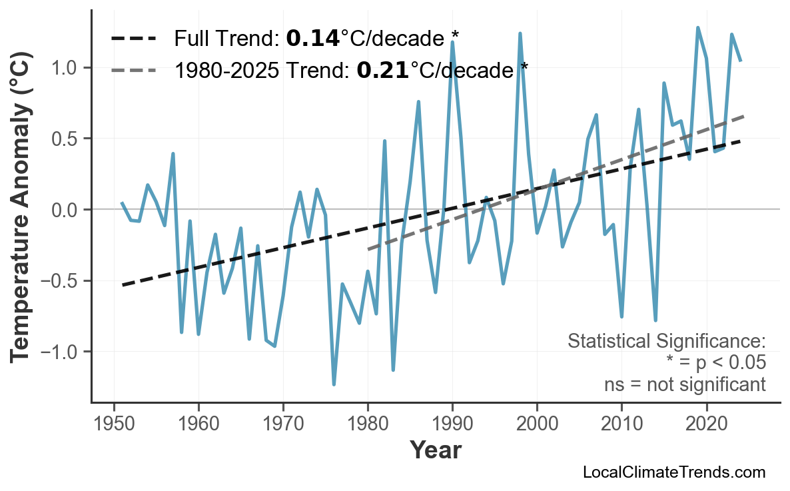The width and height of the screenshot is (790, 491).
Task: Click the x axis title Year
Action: tap(435, 451)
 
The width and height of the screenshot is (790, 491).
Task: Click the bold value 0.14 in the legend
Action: tap(312, 39)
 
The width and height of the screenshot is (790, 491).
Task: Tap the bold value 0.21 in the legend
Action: tap(382, 69)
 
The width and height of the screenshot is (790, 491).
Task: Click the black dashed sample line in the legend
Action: tap(134, 39)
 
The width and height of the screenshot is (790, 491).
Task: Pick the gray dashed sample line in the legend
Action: tap(134, 69)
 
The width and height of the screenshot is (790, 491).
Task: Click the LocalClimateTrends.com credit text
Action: tap(673, 472)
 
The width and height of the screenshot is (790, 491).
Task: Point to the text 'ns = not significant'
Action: tap(685, 384)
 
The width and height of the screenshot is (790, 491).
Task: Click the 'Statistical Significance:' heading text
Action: tap(666, 342)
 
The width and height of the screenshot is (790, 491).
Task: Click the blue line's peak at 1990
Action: tap(452, 42)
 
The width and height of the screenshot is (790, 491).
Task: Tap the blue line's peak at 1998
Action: tap(520, 33)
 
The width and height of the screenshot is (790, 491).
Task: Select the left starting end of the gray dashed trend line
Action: tap(368, 249)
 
